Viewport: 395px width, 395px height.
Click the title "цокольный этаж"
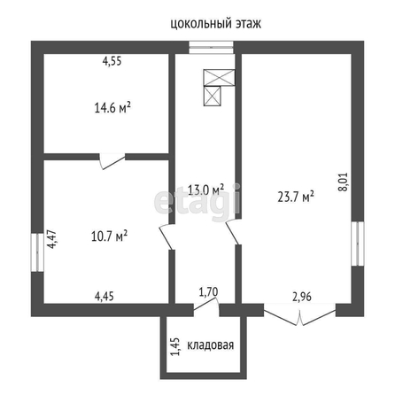tap(216, 24)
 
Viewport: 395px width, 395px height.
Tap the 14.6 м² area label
tap(112, 108)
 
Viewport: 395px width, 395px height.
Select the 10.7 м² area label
tap(109, 236)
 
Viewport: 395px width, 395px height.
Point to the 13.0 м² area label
tap(205, 190)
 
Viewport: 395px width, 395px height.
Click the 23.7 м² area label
tap(296, 197)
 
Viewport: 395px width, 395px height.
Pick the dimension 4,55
tap(112, 61)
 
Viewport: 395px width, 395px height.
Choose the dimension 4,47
tap(51, 239)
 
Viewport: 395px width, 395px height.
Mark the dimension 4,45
tap(105, 296)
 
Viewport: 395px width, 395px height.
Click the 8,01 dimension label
tap(344, 182)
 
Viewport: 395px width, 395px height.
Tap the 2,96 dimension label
tap(302, 297)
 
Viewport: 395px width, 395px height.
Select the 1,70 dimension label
tap(208, 292)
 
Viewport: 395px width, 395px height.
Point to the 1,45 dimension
tap(175, 347)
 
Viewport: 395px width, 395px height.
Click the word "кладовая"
tap(211, 345)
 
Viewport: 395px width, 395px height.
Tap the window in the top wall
tap(212, 47)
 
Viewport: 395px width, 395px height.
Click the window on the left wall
tap(37, 252)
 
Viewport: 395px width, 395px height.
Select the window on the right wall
tap(358, 244)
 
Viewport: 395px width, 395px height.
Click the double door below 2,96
tap(299, 317)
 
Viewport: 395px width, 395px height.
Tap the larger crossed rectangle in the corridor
tap(220, 78)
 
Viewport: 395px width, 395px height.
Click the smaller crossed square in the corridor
tap(213, 97)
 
